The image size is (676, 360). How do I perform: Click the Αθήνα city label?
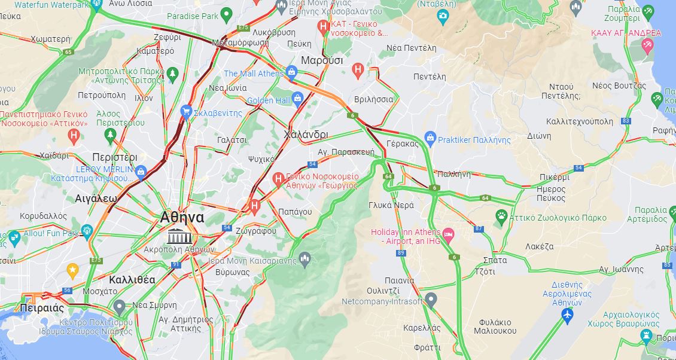pos(182,218)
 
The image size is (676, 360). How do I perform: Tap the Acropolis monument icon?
pos(176,236)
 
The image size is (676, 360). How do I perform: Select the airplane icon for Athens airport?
pos(567,315)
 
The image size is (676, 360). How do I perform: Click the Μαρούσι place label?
pos(322,60)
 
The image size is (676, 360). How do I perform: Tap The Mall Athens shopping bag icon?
pos(292,73)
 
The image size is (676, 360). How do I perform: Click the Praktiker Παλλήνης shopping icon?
pos(430,139)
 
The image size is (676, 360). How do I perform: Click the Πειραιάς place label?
pos(41,309)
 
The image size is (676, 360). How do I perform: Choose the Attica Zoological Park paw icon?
pos(501,215)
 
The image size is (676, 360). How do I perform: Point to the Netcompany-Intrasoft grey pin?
pos(431,300)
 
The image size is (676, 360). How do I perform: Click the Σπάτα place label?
pos(495,260)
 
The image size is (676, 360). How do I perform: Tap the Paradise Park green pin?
pos(226,14)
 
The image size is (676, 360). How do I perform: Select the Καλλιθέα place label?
pos(132,279)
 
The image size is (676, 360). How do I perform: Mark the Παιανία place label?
pos(400,280)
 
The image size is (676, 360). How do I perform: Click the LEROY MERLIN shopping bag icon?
pos(141,172)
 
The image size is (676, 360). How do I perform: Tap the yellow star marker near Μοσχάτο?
pos(72,271)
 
